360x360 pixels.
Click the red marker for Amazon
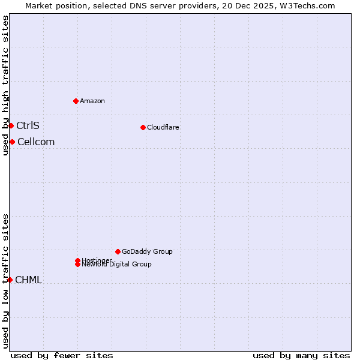coord(76,101)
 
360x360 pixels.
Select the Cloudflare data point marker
coord(143,127)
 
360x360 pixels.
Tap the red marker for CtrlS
coord(11,125)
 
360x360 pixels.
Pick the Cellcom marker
coord(12,142)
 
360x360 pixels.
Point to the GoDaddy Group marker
coord(118,251)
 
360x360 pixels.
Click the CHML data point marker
coord(10,280)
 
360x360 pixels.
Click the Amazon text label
coord(92,101)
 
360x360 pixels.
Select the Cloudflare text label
coord(163,127)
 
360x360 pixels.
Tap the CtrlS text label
coord(28,125)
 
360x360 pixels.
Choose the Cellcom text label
coord(36,142)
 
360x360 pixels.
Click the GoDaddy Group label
coord(147,251)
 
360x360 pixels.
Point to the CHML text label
coord(28,280)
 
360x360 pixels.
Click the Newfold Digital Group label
coord(117,264)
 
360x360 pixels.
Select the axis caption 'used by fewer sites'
coord(62,355)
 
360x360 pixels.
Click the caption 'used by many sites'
coord(301,355)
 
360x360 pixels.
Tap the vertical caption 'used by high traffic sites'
coord(6,85)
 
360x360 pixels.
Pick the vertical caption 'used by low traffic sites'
coord(6,281)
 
